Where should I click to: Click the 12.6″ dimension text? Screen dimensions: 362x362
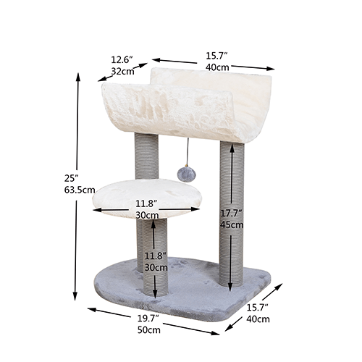click(x=122, y=59)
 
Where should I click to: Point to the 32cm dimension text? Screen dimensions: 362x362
click(x=122, y=71)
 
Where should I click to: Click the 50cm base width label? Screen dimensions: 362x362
click(x=149, y=329)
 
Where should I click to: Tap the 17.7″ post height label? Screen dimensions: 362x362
click(x=232, y=212)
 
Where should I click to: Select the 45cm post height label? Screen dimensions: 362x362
click(x=232, y=224)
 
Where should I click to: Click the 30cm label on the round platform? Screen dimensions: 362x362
click(x=147, y=215)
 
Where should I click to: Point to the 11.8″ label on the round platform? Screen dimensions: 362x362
click(x=147, y=203)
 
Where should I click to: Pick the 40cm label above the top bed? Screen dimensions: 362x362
click(x=216, y=67)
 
